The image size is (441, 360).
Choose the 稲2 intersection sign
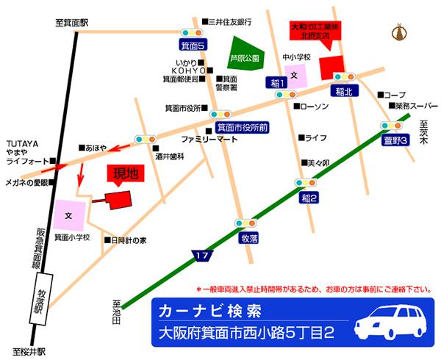click(x=309, y=198)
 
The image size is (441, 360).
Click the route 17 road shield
click(x=203, y=255)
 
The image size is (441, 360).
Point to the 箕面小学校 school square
click(x=69, y=215)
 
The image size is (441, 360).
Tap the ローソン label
click(x=315, y=107)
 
